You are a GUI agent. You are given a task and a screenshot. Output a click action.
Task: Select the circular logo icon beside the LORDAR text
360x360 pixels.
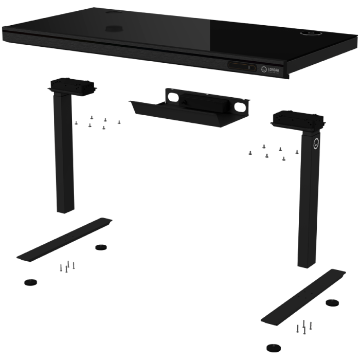point(264,68)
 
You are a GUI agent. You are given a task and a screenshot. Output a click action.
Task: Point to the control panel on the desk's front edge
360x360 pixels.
point(242,66)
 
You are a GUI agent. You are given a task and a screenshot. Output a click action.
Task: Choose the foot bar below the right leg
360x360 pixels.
point(303,296)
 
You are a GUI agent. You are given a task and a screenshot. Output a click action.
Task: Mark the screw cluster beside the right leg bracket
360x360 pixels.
point(273,151)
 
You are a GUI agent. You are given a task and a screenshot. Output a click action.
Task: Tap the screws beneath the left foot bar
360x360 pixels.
point(67,266)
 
